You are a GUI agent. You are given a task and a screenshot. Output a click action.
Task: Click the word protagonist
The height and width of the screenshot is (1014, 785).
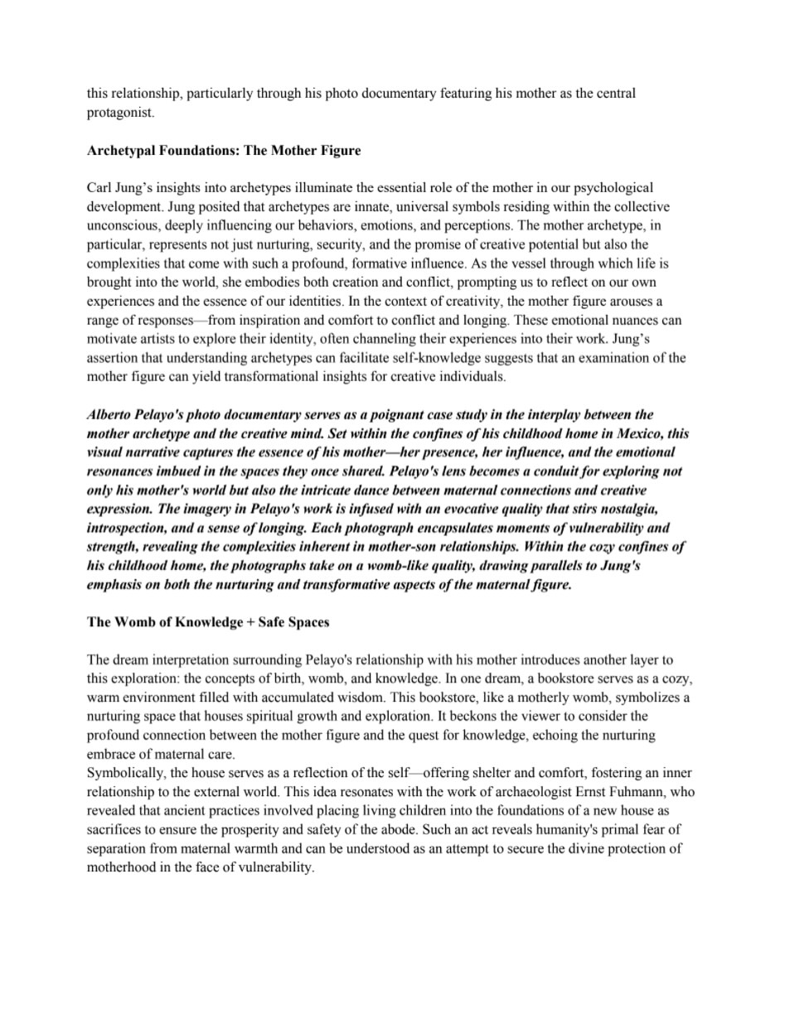coord(119,113)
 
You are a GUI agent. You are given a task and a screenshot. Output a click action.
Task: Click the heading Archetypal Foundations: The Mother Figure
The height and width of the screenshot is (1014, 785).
coord(224,150)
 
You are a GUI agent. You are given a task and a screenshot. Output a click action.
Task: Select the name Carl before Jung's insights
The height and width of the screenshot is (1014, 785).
coord(100,187)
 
